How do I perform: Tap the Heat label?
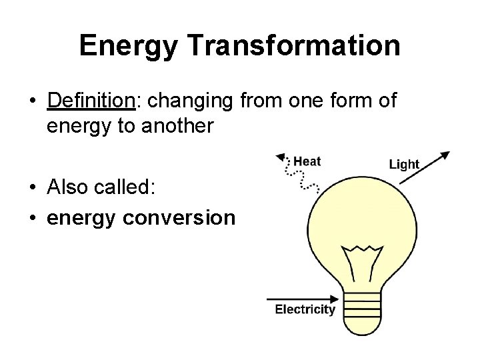307,161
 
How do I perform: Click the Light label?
404,164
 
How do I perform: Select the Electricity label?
305,309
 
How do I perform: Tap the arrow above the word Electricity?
300,299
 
